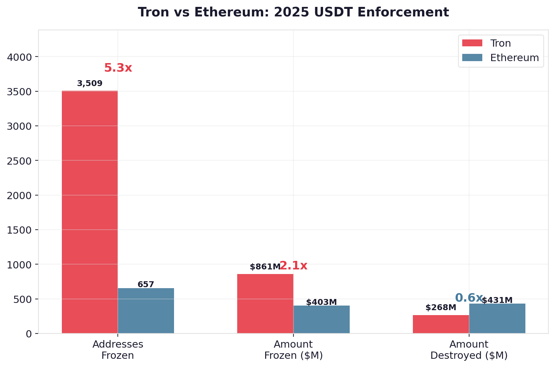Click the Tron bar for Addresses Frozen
[89, 212]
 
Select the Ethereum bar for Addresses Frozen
[146, 310]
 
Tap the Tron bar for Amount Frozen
[265, 304]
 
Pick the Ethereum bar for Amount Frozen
[321, 319]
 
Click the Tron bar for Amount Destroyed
[441, 324]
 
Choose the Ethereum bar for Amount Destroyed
[497, 318]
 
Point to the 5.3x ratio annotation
[118, 68]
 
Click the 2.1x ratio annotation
[293, 265]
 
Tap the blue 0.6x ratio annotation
[469, 298]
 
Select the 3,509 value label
[89, 83]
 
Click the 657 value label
[146, 285]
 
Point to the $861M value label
[265, 267]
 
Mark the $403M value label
[321, 302]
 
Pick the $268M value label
[441, 308]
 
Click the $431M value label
[497, 300]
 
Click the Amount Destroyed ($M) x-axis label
[469, 350]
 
